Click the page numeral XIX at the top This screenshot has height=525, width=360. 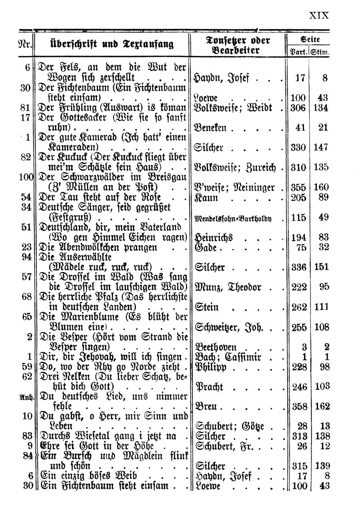[319, 16]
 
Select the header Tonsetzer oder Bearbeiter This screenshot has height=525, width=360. [238, 45]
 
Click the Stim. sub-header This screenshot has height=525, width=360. [320, 51]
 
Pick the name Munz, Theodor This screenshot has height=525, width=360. [228, 287]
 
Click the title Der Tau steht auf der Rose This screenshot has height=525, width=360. [106, 197]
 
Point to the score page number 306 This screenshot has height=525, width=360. [298, 108]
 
